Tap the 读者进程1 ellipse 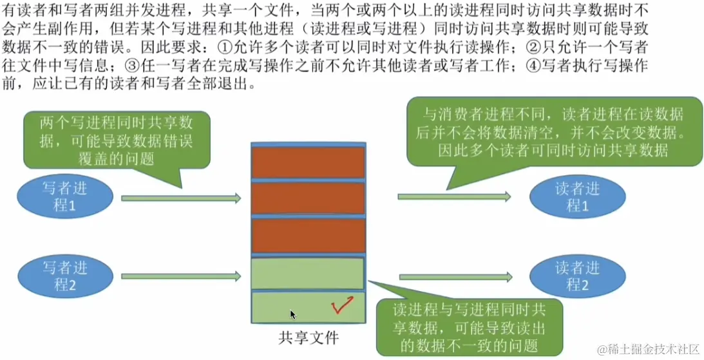[578, 196]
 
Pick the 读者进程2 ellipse [578, 276]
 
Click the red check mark [341, 305]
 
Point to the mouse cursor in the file [292, 314]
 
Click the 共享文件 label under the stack [309, 337]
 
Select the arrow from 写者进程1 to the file [181, 198]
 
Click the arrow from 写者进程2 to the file [181, 277]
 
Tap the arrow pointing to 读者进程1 [455, 196]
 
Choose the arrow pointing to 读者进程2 [455, 277]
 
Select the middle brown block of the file [308, 200]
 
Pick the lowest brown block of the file [308, 236]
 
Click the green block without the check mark [308, 273]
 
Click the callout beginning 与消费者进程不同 [553, 131]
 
